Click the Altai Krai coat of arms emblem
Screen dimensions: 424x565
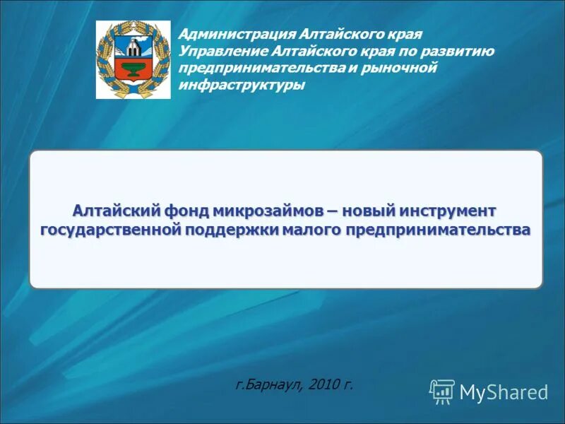[133, 59]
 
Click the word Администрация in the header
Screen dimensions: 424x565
[234, 35]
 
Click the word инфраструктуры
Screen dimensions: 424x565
[242, 86]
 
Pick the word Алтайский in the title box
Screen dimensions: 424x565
[116, 211]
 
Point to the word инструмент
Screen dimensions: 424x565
[448, 211]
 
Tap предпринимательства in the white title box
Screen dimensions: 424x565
[438, 230]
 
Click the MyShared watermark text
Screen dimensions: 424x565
[504, 392]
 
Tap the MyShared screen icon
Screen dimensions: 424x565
[442, 391]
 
